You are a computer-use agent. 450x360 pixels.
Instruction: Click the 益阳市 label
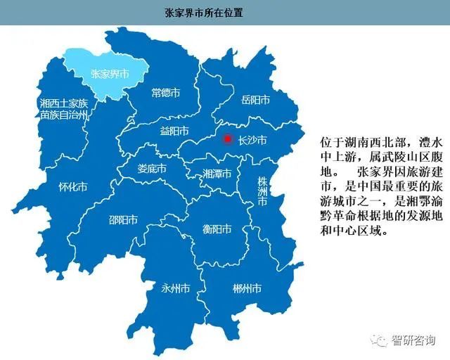pos(174,131)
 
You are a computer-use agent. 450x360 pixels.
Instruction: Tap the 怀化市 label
pos(73,187)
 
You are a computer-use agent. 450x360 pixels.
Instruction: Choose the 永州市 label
pos(175,288)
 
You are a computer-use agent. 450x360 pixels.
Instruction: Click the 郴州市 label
pos(247,288)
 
